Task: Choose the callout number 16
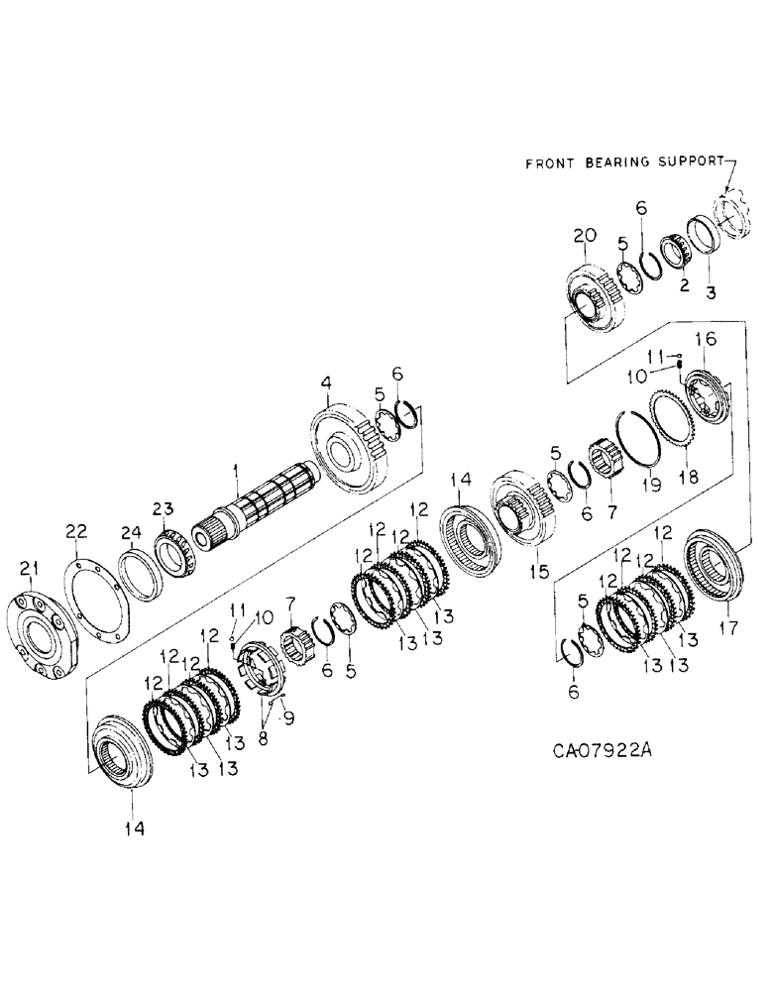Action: pos(707,341)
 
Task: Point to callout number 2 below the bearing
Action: pos(683,285)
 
